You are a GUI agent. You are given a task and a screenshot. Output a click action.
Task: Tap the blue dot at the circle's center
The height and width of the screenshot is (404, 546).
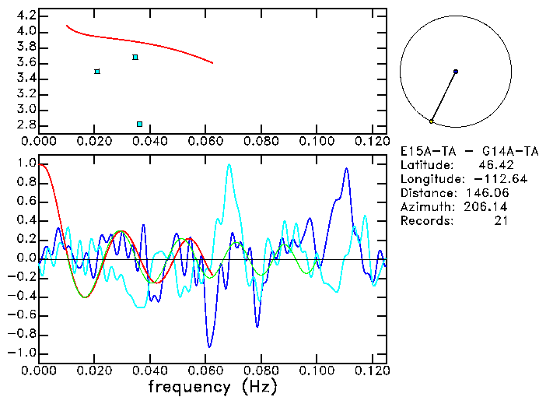point(456,72)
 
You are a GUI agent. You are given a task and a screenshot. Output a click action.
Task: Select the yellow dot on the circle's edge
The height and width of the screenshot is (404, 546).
point(431,121)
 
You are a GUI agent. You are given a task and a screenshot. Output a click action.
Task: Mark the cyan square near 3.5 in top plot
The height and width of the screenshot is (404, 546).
point(97,72)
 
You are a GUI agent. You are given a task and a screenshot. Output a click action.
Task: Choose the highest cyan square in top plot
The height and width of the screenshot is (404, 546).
point(135,57)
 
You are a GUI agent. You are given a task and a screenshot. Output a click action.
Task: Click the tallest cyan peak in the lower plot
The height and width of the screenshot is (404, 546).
point(229,164)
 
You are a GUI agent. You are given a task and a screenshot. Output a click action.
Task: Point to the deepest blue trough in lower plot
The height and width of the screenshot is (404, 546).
point(208,346)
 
